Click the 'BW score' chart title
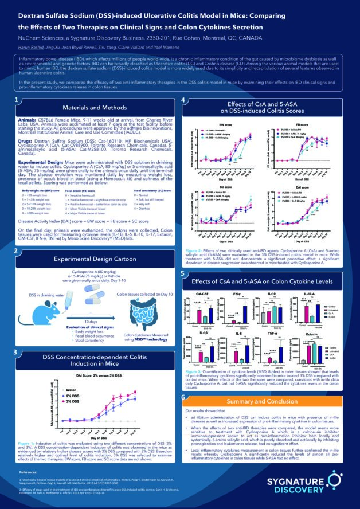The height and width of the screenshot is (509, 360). pyautogui.click(x=218, y=123)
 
